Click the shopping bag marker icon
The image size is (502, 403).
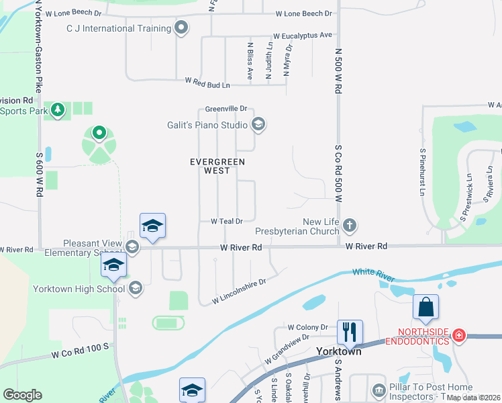click(425, 308)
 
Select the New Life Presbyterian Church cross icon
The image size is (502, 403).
click(348, 224)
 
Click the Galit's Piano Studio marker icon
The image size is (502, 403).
click(258, 124)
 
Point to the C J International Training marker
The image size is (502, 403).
click(180, 28)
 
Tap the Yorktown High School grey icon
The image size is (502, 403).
click(135, 289)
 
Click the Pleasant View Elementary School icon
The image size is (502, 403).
click(132, 247)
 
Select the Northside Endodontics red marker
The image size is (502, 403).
click(459, 334)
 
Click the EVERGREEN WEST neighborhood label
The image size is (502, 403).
click(217, 166)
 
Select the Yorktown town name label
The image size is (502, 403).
click(338, 351)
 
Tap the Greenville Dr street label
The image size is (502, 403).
click(226, 108)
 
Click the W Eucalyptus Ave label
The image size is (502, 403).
click(303, 35)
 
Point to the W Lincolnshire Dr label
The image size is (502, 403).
click(240, 290)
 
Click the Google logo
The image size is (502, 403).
click(22, 395)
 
